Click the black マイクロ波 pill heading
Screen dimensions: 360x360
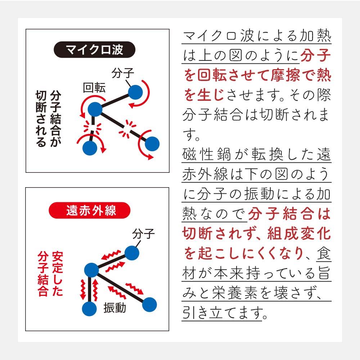pyautogui.click(x=94, y=50)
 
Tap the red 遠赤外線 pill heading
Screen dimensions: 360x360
pyautogui.click(x=90, y=210)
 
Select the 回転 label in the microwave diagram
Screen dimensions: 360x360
pyautogui.click(x=94, y=87)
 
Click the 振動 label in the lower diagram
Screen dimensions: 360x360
pyautogui.click(x=115, y=308)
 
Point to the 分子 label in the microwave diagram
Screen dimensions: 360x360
pyautogui.click(x=123, y=73)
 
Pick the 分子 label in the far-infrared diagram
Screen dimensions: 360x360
pyautogui.click(x=143, y=234)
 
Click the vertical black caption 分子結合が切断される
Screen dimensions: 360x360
pyautogui.click(x=49, y=118)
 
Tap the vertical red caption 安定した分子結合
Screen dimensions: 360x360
pyautogui.click(x=50, y=274)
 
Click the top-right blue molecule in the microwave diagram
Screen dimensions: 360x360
pyautogui.click(x=135, y=92)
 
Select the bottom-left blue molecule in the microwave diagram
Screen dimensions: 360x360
pyautogui.click(x=90, y=148)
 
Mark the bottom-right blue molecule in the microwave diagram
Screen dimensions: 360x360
pyautogui.click(x=152, y=144)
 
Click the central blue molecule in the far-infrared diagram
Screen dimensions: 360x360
pyautogui.click(x=91, y=270)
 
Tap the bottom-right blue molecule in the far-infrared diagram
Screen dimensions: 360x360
pyautogui.click(x=149, y=305)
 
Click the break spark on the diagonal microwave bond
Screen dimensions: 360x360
pyautogui.click(x=127, y=130)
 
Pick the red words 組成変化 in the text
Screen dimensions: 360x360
pyautogui.click(x=299, y=234)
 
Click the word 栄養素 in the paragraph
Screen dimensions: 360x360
pyautogui.click(x=235, y=293)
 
